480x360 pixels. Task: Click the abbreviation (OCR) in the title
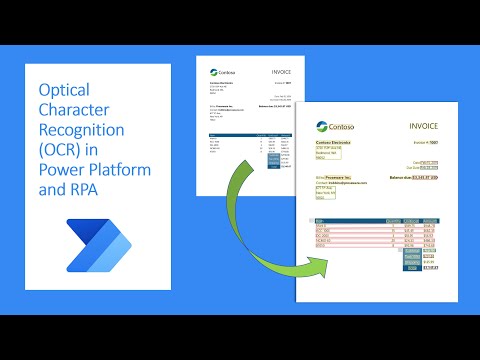[61, 150]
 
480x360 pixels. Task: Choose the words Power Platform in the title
[95, 170]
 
